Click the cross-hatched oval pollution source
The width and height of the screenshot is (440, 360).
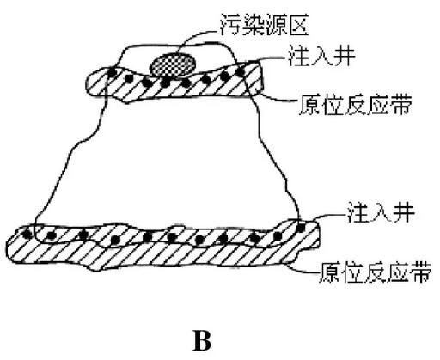(x=173, y=65)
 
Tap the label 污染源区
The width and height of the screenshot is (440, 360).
(x=264, y=24)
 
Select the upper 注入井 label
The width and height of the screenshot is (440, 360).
(x=321, y=56)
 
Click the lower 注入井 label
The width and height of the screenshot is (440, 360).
(x=381, y=213)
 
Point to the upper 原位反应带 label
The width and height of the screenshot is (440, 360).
(x=355, y=105)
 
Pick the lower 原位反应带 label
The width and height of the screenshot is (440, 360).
(x=375, y=272)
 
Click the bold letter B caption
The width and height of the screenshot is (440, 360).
(x=202, y=340)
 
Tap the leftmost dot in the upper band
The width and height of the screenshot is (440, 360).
(x=113, y=73)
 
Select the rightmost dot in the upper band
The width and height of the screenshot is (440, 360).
(x=240, y=71)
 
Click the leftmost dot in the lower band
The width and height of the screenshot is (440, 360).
(x=27, y=234)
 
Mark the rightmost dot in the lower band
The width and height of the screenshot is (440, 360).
(x=300, y=228)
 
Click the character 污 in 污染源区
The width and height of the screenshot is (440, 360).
(x=231, y=24)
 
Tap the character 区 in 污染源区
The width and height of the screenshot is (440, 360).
(x=298, y=25)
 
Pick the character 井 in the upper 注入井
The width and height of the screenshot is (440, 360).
(x=345, y=56)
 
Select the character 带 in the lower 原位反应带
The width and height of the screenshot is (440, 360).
(x=420, y=272)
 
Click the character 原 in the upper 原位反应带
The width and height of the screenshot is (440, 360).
(x=310, y=105)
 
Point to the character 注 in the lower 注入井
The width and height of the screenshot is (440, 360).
(x=358, y=213)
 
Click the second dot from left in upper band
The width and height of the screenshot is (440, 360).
(x=129, y=78)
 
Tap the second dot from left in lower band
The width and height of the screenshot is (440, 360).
(x=51, y=236)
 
